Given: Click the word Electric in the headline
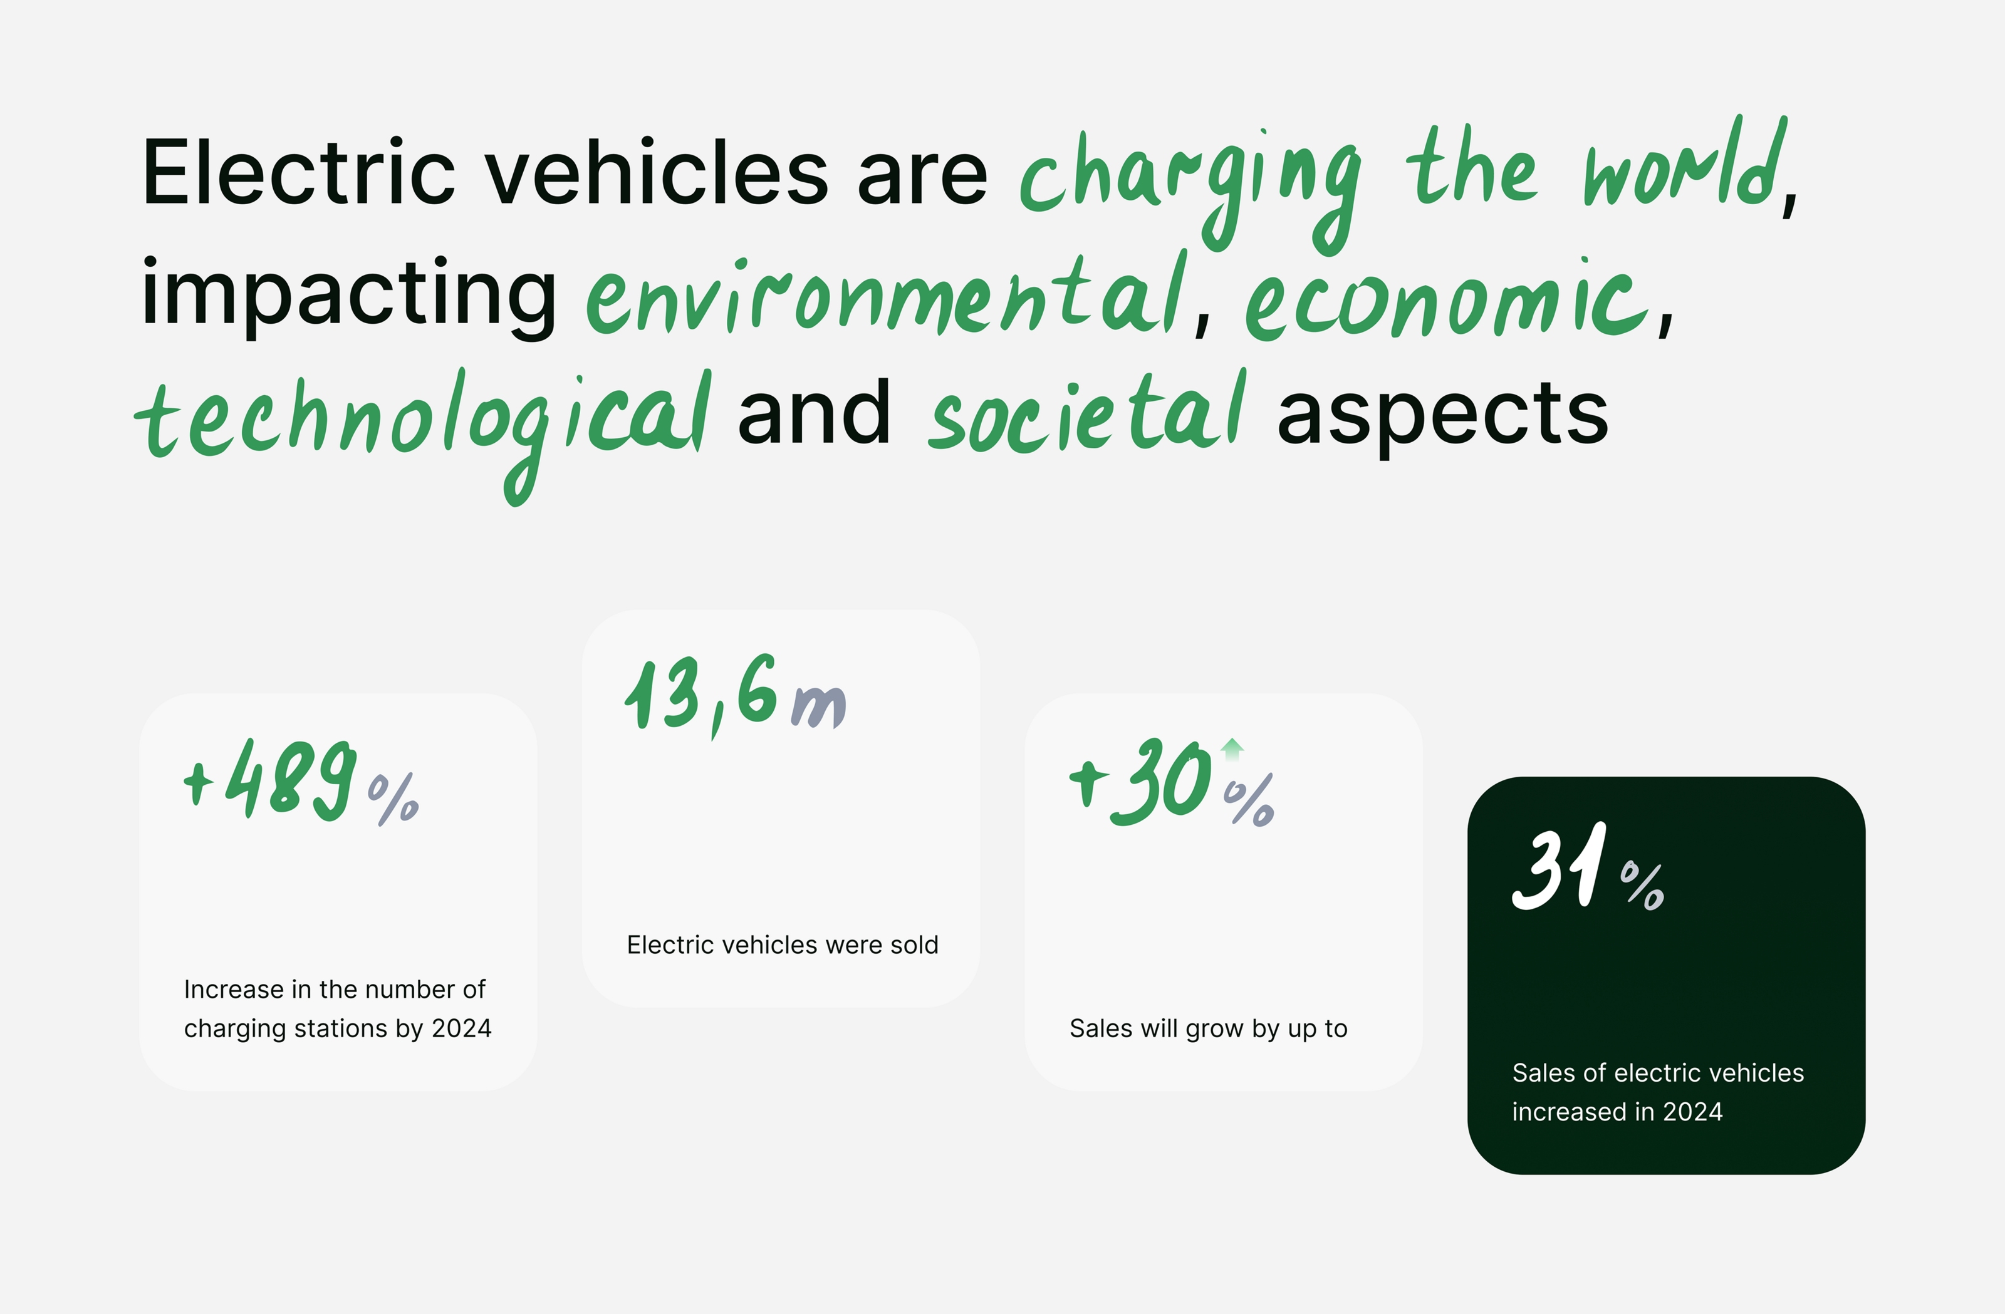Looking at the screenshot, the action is [x=299, y=173].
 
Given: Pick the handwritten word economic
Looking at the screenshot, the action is [x=1447, y=299].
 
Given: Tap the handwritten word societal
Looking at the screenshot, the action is [x=1086, y=413].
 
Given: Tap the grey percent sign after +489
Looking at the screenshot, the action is [x=393, y=799].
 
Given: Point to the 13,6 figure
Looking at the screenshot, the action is [x=701, y=695].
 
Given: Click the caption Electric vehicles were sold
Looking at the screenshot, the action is [x=783, y=945].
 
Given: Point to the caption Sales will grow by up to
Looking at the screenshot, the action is [x=1208, y=1029].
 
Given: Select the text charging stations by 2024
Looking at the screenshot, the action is [x=338, y=1029].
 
